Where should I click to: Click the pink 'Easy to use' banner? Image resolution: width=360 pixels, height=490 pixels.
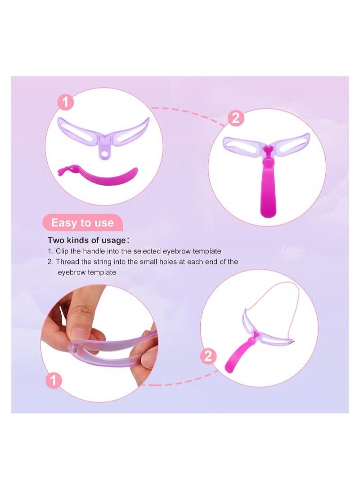click(x=82, y=223)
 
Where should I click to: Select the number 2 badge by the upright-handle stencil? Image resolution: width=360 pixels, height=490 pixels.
click(x=237, y=120)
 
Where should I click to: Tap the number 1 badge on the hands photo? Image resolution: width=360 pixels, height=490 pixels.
click(x=54, y=381)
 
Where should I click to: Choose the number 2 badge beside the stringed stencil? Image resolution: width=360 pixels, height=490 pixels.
click(x=208, y=357)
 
